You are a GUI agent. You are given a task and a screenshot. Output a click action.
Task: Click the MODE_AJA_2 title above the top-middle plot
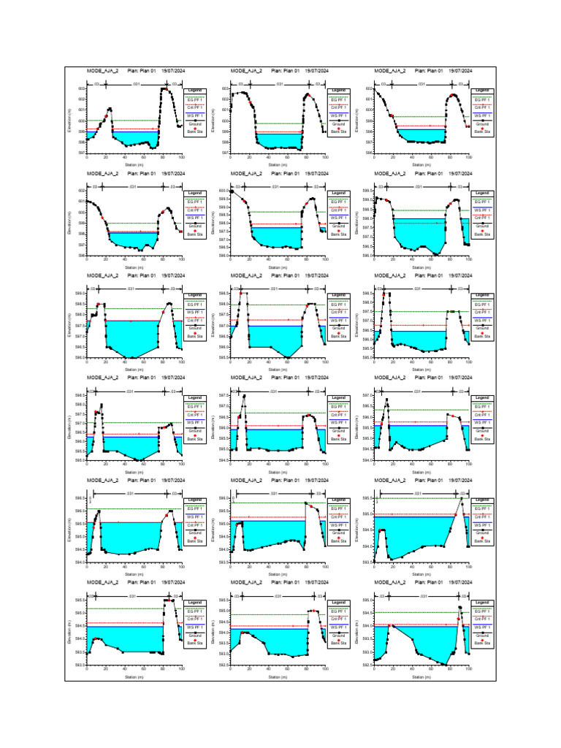pyautogui.click(x=246, y=71)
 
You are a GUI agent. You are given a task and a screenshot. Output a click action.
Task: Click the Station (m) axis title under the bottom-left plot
pyautogui.click(x=134, y=677)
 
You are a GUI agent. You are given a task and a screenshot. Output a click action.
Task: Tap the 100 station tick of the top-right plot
pyautogui.click(x=468, y=157)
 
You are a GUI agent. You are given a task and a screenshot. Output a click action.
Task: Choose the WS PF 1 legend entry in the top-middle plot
pyautogui.click(x=337, y=115)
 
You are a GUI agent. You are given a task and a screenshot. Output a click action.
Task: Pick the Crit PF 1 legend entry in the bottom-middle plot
pyautogui.click(x=337, y=619)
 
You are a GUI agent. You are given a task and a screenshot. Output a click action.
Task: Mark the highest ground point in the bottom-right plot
pyautogui.click(x=459, y=607)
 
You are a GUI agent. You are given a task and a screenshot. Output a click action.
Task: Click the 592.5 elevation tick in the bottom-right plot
pyautogui.click(x=368, y=665)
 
